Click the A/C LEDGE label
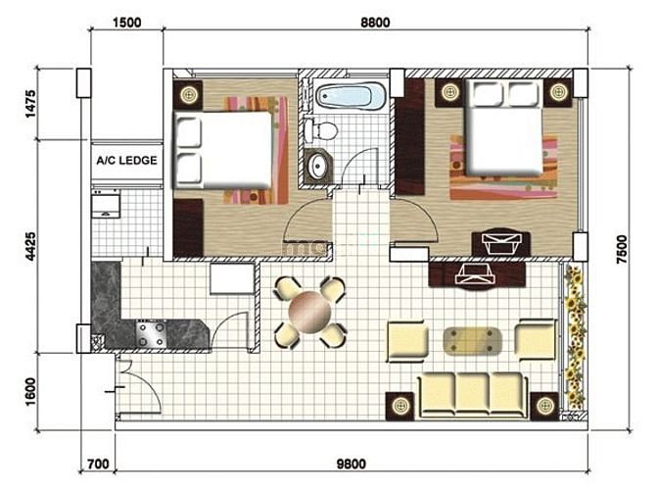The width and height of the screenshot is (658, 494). pos(126,161)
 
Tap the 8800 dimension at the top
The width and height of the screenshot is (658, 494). pos(375,23)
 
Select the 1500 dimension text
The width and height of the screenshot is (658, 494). pos(127,23)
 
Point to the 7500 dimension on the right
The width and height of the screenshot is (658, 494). pos(622,250)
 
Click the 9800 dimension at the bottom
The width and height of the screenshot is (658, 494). pos(352,465)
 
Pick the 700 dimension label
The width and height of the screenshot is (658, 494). pos(98,465)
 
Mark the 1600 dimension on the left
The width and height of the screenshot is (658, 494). pos(30,392)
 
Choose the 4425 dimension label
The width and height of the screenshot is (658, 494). pos(30,247)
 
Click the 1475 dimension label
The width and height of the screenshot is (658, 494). pos(30,104)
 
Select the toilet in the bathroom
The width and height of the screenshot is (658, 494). pos(321,129)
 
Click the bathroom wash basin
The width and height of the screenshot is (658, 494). pos(318,166)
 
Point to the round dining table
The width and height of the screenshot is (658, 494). pos(309,312)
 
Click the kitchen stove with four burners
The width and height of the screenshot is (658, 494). pos(151,333)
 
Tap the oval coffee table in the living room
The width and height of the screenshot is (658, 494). pos(473,340)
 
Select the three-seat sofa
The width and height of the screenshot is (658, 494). pos(473,395)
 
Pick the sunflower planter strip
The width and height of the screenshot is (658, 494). pos(575,336)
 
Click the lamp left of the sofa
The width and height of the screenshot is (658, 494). pos(399,406)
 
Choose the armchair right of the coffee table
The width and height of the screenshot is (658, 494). pos(536,340)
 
